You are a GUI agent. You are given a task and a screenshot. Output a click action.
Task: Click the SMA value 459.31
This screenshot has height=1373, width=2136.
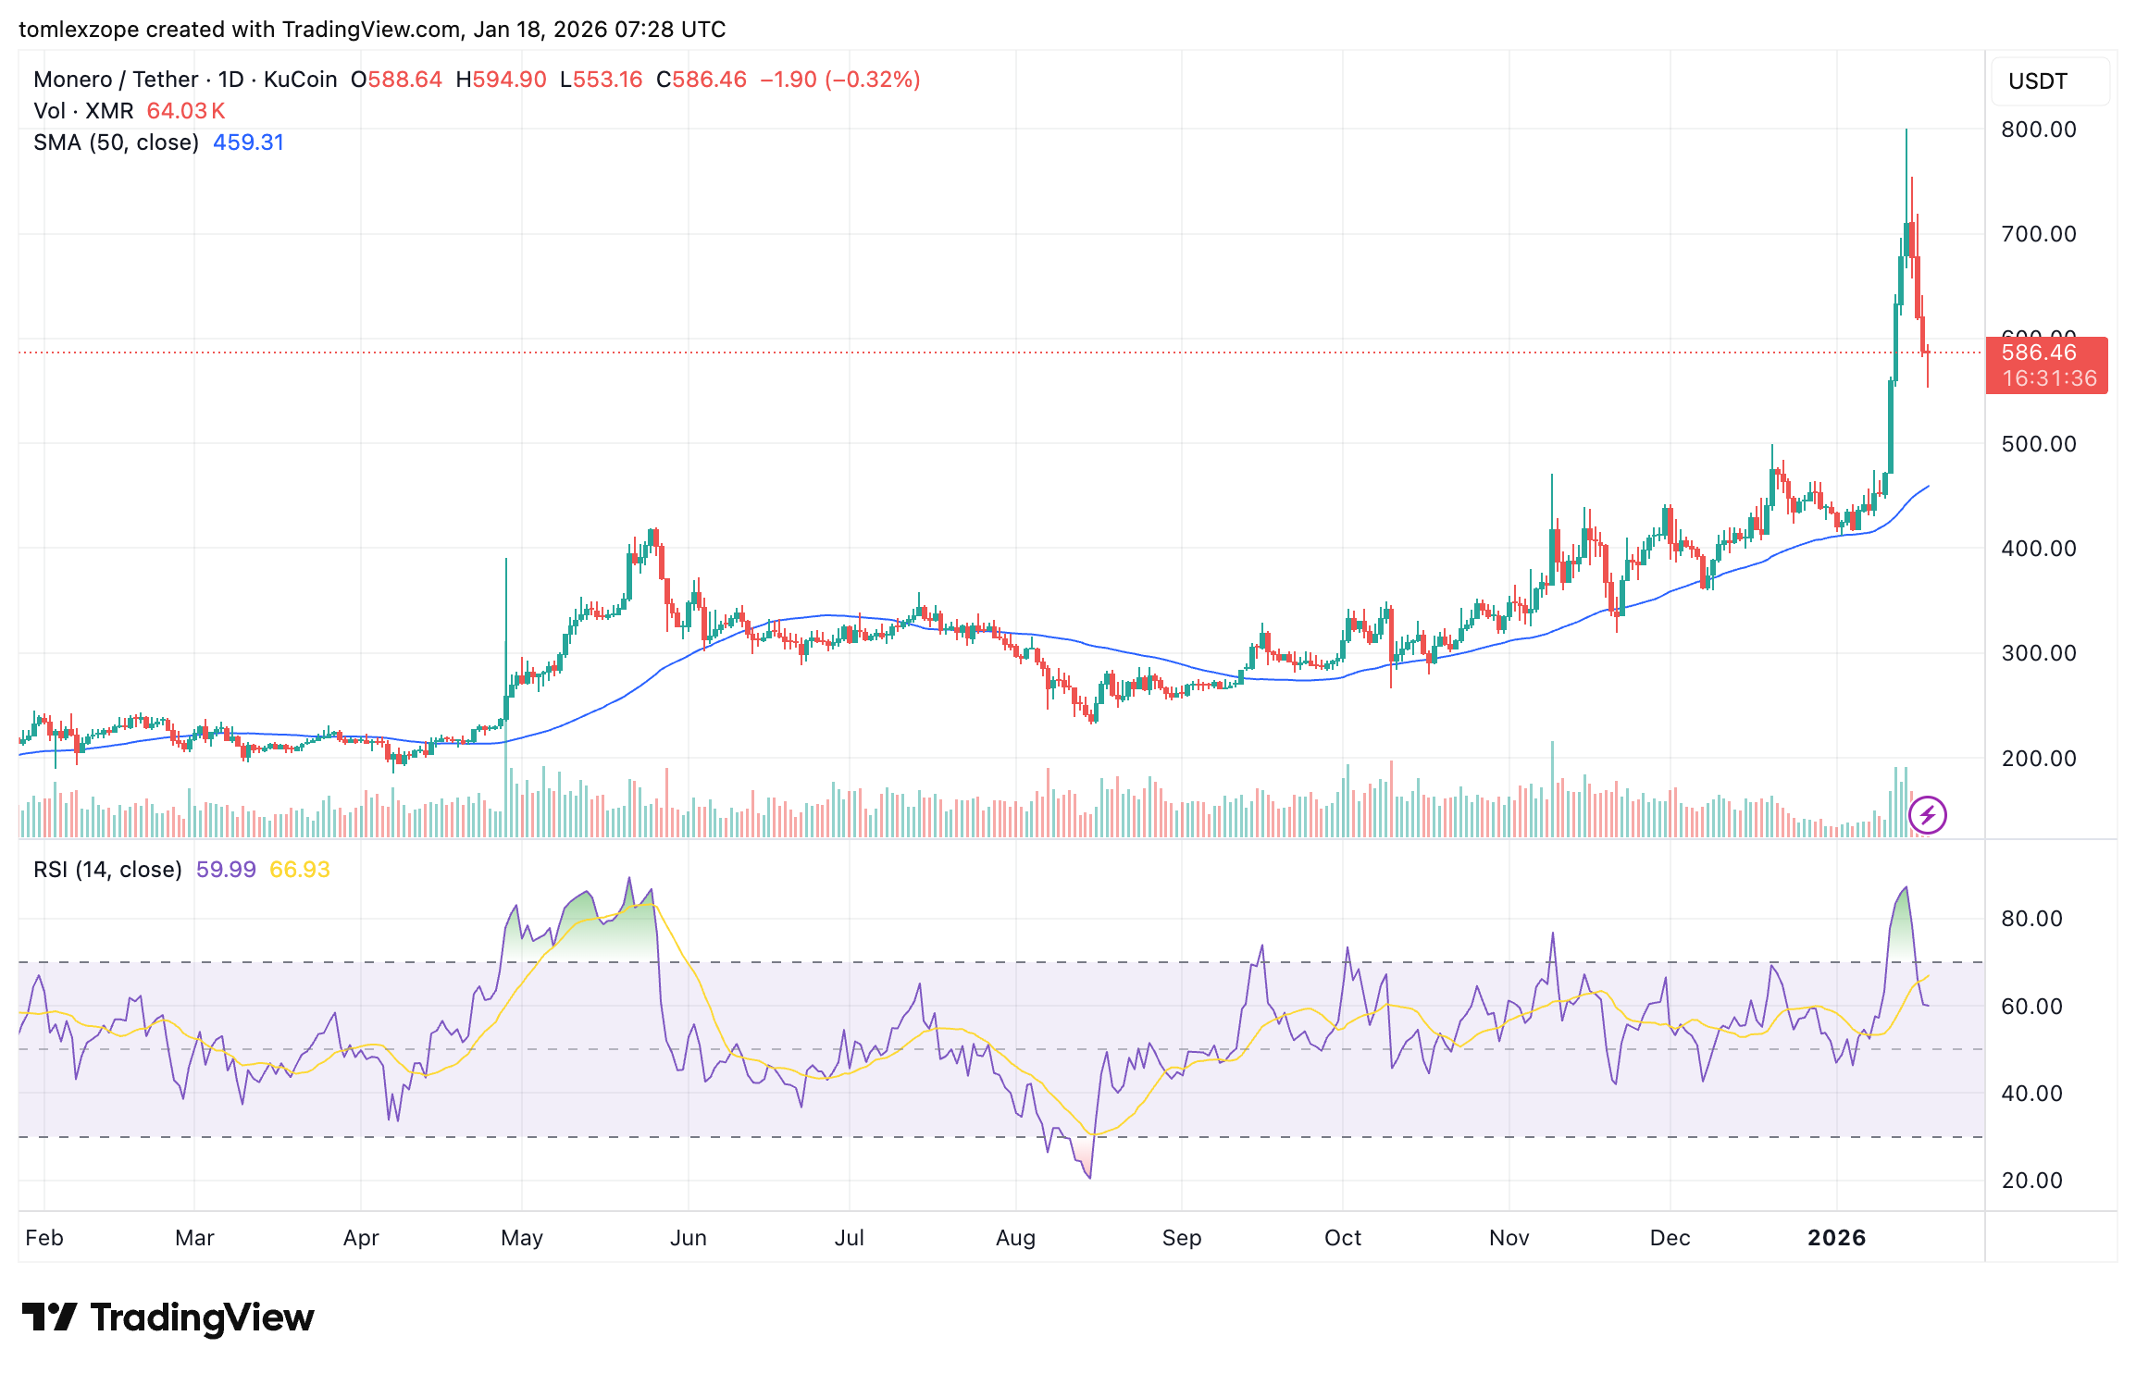pos(248,142)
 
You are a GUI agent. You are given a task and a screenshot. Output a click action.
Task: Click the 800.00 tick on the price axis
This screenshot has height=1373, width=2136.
pos(2038,130)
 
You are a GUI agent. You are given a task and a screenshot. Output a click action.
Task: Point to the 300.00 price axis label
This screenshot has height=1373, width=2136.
pos(2038,653)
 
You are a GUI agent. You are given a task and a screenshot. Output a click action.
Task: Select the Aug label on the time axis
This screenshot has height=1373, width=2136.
pos(1015,1238)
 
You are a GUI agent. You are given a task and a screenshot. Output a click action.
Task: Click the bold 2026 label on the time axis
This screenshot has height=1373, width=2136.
pos(1836,1238)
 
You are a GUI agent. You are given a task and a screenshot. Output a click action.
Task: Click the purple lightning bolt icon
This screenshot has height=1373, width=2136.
pos(1928,815)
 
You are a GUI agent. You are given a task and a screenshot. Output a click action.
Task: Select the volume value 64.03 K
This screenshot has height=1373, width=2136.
pos(186,111)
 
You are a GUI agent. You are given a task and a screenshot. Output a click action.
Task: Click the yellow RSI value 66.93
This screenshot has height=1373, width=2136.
pos(299,870)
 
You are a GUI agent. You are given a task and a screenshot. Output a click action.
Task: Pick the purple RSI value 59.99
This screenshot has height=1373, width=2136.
pos(226,870)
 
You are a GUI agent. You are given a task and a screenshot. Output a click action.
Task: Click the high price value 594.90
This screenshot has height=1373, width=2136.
pos(509,80)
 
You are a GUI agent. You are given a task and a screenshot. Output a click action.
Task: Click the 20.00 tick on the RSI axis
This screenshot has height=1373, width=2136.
pos(2031,1181)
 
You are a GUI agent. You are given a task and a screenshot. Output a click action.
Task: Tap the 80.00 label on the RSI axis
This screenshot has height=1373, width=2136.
pos(2031,919)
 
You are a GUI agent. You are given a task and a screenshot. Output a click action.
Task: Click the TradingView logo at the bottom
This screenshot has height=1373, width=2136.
pos(168,1317)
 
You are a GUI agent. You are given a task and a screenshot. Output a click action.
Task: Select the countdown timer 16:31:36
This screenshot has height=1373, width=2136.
pos(2049,378)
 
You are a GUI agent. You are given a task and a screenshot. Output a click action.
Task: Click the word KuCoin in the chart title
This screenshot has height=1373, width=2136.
pos(300,80)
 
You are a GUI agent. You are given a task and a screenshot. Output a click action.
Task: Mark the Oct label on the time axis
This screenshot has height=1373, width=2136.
pos(1342,1238)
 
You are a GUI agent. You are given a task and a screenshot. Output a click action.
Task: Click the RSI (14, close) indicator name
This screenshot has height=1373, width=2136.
pos(107,870)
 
